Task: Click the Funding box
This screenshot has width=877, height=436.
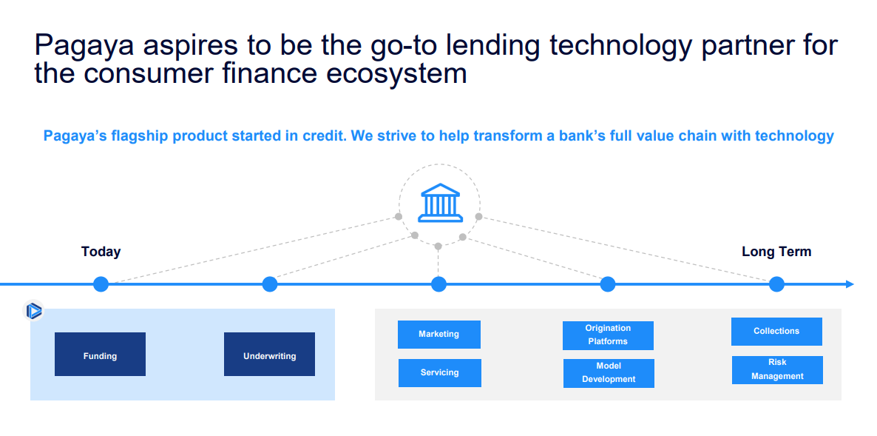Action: click(100, 355)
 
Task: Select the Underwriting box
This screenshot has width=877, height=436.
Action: click(270, 355)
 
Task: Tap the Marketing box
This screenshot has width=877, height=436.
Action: click(439, 335)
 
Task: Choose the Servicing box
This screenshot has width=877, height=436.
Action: click(440, 373)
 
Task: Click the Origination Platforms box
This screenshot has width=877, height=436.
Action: click(608, 335)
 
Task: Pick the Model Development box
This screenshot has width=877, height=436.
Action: click(609, 373)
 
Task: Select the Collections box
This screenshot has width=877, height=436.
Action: click(777, 332)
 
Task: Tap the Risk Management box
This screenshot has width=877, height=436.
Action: click(777, 370)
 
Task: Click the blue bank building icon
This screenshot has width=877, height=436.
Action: click(440, 203)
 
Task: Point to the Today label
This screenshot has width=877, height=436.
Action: click(101, 252)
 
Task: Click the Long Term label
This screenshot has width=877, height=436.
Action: click(776, 252)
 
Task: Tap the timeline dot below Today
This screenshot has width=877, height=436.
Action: click(101, 284)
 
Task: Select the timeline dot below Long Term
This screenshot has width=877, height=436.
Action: click(776, 284)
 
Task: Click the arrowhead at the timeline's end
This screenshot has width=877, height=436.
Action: click(850, 284)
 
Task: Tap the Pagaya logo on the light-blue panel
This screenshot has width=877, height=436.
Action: click(33, 311)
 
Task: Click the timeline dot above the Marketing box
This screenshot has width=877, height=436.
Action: click(439, 284)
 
